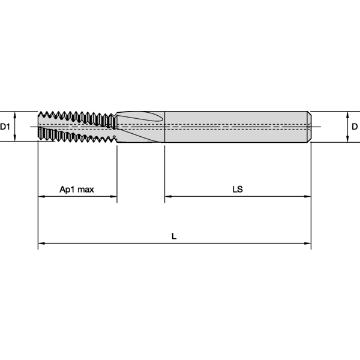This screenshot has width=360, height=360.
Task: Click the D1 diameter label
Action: point(5,127)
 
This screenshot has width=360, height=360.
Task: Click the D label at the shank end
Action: point(355,127)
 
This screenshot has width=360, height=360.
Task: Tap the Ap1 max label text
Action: point(77,189)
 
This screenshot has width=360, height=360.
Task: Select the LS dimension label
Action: point(238,189)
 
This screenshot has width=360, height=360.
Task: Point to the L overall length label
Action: point(174,236)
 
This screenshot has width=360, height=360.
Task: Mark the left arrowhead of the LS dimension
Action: point(169,196)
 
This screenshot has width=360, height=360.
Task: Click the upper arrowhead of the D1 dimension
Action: point(14,114)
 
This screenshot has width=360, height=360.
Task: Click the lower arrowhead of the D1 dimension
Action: point(14,139)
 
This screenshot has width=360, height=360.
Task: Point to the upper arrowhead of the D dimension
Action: point(347,114)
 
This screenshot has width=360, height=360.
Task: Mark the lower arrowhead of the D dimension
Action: point(347,139)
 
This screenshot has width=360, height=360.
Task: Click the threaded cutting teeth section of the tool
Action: point(75,127)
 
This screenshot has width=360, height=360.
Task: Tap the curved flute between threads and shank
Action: point(139,120)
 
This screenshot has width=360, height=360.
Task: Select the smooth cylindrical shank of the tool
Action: point(234,127)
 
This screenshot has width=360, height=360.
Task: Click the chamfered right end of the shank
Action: point(310,127)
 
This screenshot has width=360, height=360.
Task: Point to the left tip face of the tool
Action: point(39,127)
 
